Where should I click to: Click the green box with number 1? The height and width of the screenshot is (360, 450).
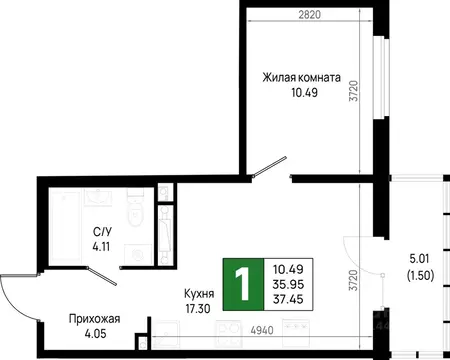coord(242,281)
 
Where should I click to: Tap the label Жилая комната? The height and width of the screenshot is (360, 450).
coord(302,77)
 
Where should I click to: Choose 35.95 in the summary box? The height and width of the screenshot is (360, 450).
coord(288,282)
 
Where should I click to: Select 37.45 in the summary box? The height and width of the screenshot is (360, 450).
coord(288,297)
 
